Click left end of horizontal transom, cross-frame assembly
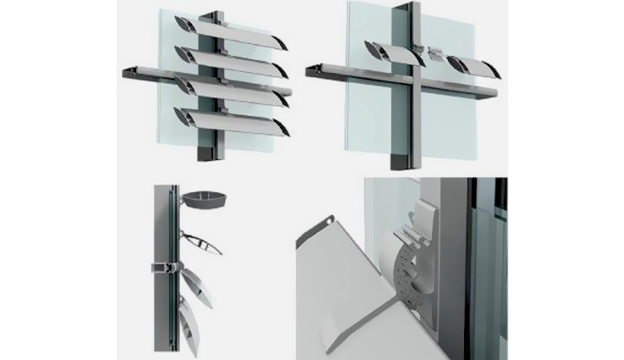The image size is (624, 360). point(312,71)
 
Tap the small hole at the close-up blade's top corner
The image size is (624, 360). point(329,222)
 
